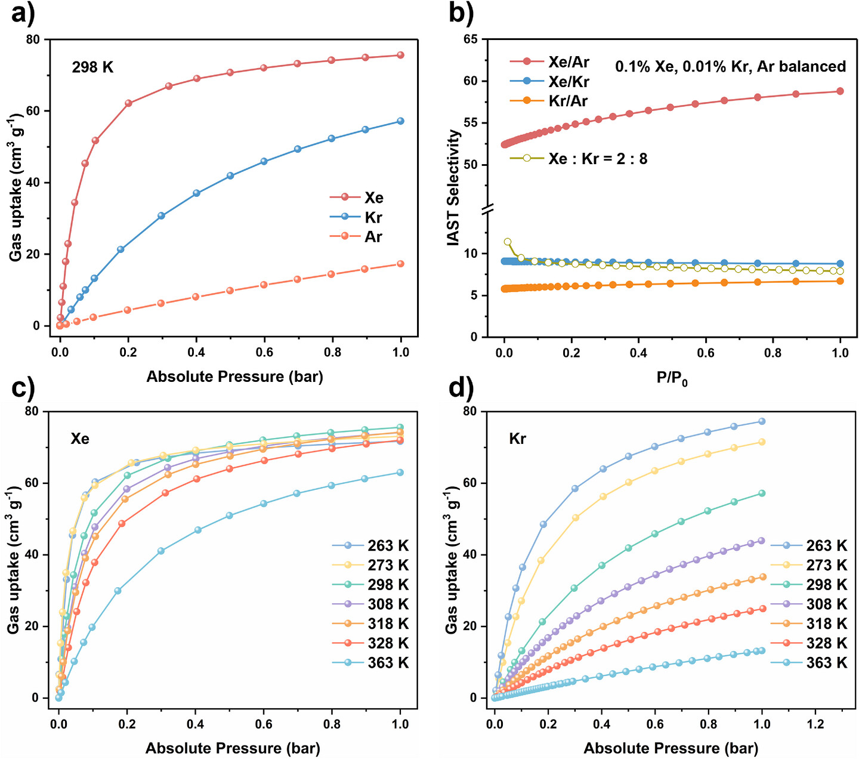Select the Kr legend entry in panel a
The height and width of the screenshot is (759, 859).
[x=357, y=217]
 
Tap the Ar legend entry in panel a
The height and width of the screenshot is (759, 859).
[x=357, y=236]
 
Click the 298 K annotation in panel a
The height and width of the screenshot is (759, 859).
[x=92, y=67]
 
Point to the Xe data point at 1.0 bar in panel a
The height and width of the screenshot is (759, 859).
[x=400, y=55]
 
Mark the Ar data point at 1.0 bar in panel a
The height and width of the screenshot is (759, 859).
[x=400, y=264]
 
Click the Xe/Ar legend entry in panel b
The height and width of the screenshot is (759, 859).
[x=549, y=62]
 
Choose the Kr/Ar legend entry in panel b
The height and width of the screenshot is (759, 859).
[x=549, y=101]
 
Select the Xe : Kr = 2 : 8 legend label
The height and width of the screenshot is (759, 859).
[x=598, y=159]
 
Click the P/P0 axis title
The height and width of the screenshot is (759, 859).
[x=672, y=378]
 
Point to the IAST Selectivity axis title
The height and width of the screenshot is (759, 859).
[x=453, y=187]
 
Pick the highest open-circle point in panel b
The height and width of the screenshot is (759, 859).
[x=508, y=242]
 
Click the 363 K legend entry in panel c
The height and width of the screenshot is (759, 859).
[x=370, y=662]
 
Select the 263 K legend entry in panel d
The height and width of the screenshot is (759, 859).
[x=809, y=545]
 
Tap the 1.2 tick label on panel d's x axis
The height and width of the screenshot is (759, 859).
[x=815, y=723]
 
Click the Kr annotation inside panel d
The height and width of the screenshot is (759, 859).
[x=517, y=438]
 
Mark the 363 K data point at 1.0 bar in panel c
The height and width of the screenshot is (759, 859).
[x=400, y=472]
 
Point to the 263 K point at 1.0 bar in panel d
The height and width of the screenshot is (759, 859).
[x=762, y=421]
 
